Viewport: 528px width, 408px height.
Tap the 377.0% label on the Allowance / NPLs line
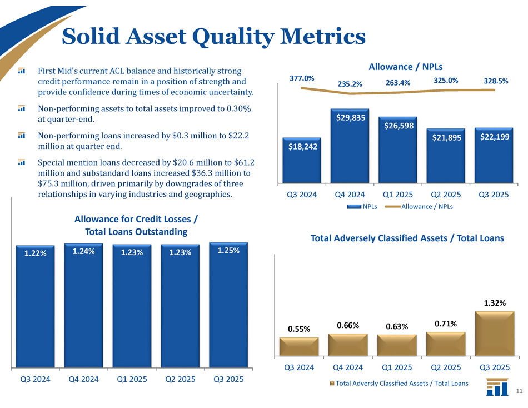point(302,79)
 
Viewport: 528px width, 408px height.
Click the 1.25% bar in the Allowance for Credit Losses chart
point(228,311)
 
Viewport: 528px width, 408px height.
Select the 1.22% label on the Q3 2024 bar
point(35,253)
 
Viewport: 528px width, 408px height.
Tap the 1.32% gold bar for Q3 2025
point(494,334)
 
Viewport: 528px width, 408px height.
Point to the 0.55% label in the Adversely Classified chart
point(299,329)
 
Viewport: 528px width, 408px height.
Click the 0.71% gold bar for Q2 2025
point(446,344)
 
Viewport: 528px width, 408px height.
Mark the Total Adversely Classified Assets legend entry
point(399,383)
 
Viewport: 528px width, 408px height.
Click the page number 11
point(519,391)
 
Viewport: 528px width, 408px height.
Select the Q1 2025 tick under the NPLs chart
point(399,195)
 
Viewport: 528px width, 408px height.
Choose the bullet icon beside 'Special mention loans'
point(21,162)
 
